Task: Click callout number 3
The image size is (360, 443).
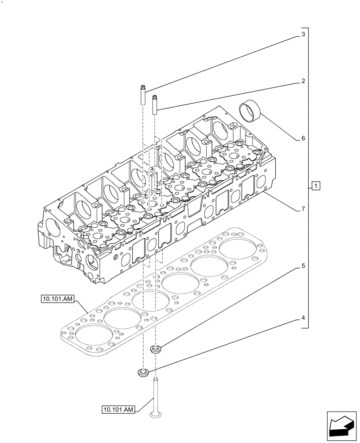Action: click(x=303, y=34)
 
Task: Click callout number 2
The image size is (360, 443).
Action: click(x=303, y=82)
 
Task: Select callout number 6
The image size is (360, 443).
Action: click(x=303, y=138)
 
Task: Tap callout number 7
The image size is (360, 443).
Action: click(x=303, y=209)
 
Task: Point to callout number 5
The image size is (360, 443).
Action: click(x=303, y=266)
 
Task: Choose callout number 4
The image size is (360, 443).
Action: click(x=303, y=318)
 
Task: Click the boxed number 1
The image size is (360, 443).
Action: click(x=315, y=186)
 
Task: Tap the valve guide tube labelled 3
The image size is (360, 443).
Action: click(x=143, y=94)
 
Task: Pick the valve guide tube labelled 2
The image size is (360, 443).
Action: click(x=155, y=105)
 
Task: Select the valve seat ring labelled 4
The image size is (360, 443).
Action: click(x=144, y=373)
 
